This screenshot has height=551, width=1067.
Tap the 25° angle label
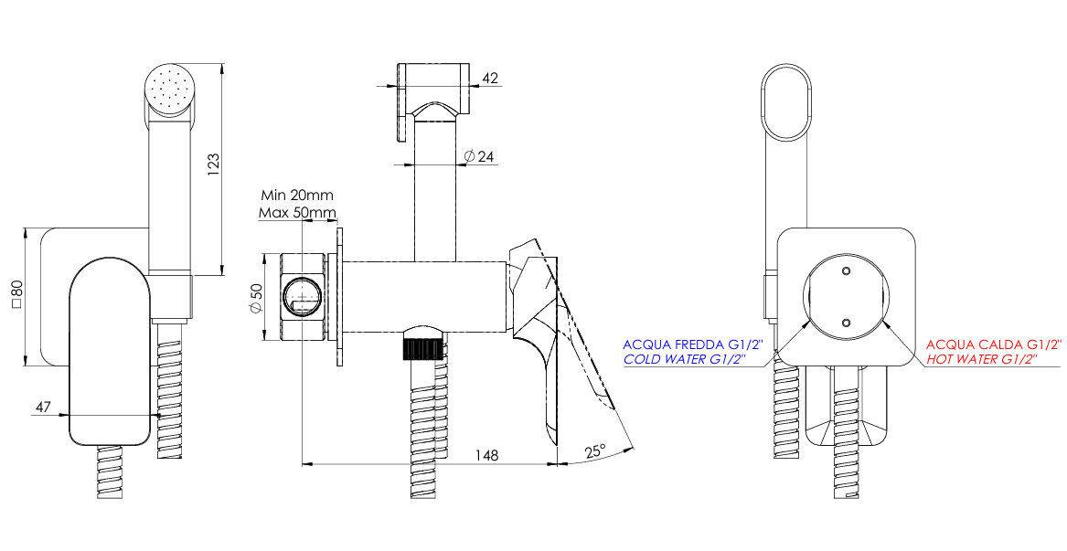(595, 451)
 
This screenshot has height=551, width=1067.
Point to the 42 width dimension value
(490, 79)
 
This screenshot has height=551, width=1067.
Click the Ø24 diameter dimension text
(479, 157)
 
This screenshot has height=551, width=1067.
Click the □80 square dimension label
(16, 296)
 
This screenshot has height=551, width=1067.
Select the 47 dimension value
(42, 408)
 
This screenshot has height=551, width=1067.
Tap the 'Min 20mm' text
(297, 195)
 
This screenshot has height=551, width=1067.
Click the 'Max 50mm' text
(297, 213)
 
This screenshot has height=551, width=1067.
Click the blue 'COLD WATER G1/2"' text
(684, 360)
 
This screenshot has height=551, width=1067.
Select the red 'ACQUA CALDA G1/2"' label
(994, 344)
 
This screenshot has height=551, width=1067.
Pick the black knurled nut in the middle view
(421, 349)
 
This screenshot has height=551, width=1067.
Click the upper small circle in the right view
(845, 271)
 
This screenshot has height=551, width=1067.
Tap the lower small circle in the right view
(845, 322)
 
